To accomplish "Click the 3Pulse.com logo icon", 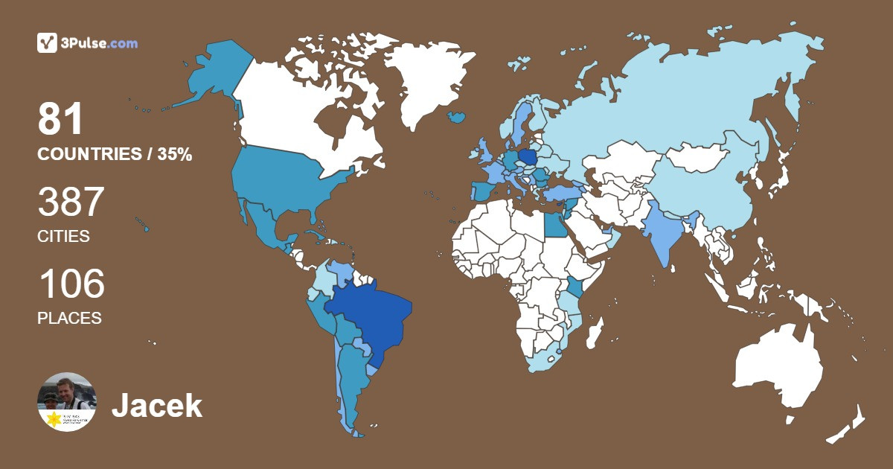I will pyautogui.click(x=48, y=42).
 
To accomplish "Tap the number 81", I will pyautogui.click(x=60, y=120).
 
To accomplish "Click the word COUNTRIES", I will pyautogui.click(x=89, y=155).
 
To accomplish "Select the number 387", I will pyautogui.click(x=71, y=202).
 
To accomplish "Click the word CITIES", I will pyautogui.click(x=63, y=237).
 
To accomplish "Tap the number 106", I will pyautogui.click(x=71, y=284).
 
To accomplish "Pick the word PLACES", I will pyautogui.click(x=69, y=318).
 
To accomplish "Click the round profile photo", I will pyautogui.click(x=67, y=402).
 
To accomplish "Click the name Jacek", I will pyautogui.click(x=156, y=406).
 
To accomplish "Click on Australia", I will pyautogui.click(x=778, y=365).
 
